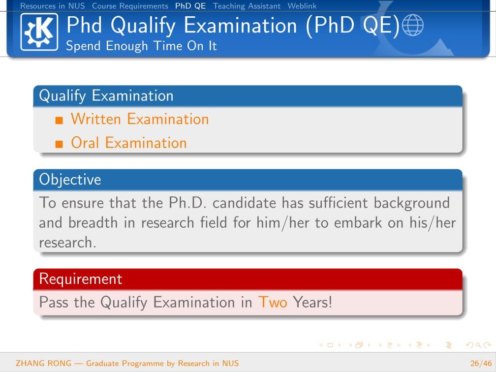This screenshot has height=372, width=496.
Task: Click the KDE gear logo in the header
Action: point(39,32)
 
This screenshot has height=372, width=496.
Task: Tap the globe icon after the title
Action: point(412,25)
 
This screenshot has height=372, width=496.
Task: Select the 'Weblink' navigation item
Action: point(302,6)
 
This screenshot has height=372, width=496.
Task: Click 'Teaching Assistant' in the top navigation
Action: point(247,6)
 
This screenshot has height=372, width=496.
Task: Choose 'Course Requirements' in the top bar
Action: point(130,6)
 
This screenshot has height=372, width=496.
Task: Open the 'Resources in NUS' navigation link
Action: point(53,6)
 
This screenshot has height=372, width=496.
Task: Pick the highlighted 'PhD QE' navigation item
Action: point(190,6)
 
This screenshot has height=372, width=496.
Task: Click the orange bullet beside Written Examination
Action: point(59,120)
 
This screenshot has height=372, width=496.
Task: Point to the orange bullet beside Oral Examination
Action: point(59,144)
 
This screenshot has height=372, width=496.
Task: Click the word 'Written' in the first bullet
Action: point(96,119)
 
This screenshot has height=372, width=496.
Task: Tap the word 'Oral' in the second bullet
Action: point(85,143)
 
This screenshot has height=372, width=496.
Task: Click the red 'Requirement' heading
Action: point(81,279)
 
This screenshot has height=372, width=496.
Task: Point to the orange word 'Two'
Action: point(273,302)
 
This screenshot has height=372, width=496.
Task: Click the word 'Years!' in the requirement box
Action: point(312,302)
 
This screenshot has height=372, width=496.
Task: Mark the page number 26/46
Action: point(481,363)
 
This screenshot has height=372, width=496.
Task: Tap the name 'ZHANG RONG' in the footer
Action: point(44,363)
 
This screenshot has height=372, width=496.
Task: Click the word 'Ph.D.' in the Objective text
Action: point(187,203)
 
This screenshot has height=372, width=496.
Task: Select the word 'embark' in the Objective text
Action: point(358,223)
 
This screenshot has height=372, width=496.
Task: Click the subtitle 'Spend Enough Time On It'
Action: point(141,46)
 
